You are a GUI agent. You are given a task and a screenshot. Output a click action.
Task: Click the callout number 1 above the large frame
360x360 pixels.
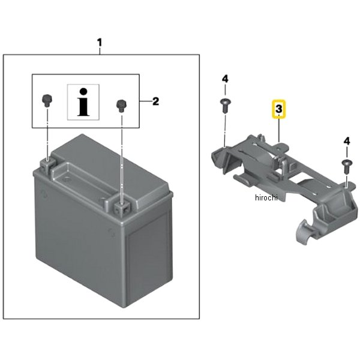[x=99, y=43]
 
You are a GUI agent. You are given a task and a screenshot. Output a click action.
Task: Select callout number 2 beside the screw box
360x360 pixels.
[x=155, y=101]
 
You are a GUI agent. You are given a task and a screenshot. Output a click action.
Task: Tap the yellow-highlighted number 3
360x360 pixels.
[x=279, y=109]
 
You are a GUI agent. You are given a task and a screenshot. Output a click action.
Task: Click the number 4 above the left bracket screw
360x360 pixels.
[x=225, y=79]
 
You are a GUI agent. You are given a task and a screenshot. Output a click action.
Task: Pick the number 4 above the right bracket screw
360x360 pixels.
[x=347, y=141]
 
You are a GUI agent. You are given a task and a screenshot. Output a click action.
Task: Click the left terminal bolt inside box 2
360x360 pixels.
[x=47, y=100]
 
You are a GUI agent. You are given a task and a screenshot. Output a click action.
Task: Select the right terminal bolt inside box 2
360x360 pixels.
[x=121, y=106]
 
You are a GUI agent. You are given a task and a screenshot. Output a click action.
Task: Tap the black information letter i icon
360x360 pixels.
[x=83, y=102]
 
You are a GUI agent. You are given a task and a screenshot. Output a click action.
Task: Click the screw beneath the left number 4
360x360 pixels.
[x=225, y=106]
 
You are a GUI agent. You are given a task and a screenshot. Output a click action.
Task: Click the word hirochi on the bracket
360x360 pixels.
[x=266, y=197]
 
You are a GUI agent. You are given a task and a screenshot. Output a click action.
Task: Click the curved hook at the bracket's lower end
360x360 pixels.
[x=303, y=232]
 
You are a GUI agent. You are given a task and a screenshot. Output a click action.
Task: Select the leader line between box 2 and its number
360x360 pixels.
[x=146, y=101]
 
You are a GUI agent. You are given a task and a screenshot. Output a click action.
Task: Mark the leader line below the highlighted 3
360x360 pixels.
[x=279, y=130]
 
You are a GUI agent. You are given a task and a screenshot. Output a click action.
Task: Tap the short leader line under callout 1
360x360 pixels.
[x=100, y=51]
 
